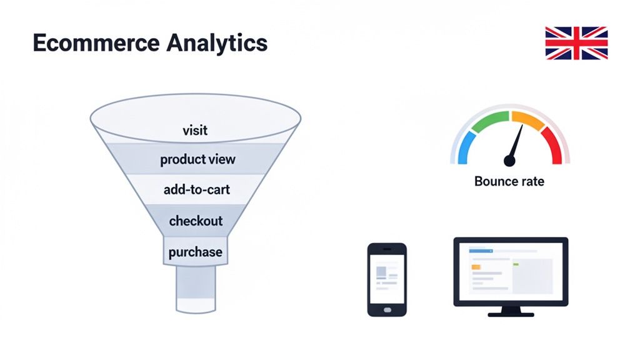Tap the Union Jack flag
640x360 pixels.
[576, 43]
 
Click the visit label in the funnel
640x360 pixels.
[195, 131]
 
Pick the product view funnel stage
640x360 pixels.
[197, 159]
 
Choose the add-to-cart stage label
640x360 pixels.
[196, 189]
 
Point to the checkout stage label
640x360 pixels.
[196, 221]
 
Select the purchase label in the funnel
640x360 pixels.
[195, 252]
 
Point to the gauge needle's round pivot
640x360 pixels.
[509, 161]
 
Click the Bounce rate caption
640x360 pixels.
[509, 182]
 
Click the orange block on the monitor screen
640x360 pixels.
[476, 267]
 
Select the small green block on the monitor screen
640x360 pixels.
[516, 264]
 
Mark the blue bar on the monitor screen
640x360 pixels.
[481, 251]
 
